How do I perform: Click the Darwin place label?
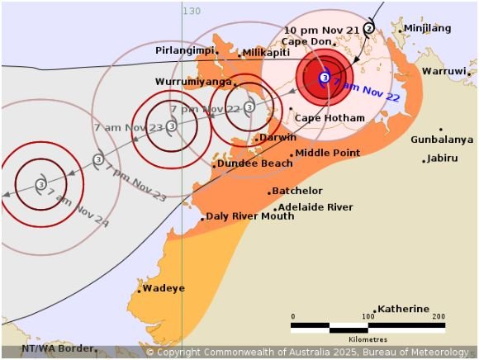pos(278,138)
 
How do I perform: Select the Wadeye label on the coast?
pos(164,288)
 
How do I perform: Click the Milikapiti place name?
pos(265,52)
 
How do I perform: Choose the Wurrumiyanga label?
pos(192,82)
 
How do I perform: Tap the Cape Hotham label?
pos(330,118)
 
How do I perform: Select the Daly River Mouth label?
pos(249,216)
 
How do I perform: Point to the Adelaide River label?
pos(315,207)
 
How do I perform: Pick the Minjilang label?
pos(428,28)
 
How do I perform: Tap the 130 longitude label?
pos(192,11)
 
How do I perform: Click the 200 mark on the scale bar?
pos(439,316)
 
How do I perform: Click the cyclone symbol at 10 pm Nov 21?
pos(369,27)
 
